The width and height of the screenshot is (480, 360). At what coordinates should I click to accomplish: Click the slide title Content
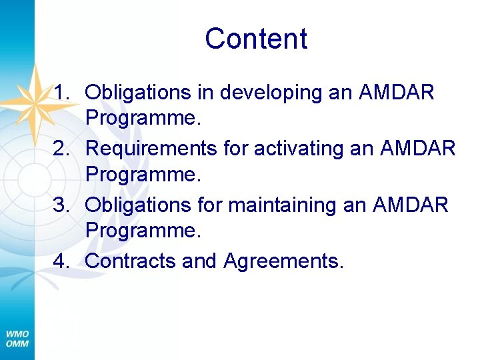256,39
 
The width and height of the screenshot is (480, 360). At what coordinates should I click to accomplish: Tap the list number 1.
63,92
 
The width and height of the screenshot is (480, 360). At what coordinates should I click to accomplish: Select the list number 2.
63,148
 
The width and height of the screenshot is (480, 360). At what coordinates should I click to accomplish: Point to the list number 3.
63,205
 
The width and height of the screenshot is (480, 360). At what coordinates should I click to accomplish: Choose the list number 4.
63,261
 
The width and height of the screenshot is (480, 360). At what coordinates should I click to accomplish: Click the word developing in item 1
271,93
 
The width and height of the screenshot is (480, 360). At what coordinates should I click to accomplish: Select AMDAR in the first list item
397,92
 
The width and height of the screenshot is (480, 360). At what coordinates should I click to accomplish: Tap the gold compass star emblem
31,100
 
